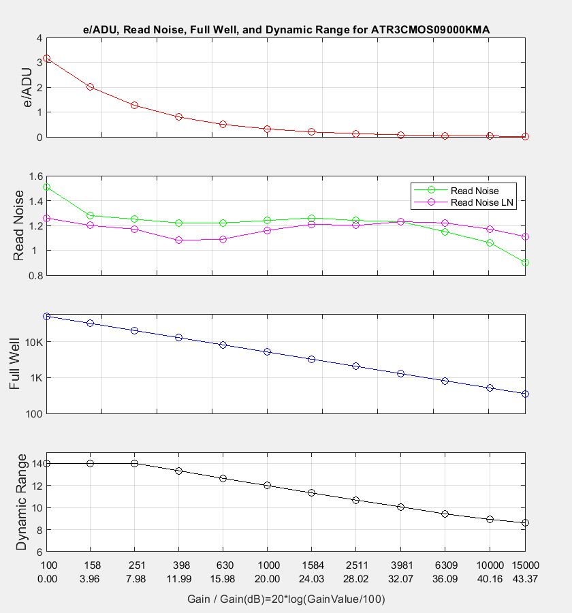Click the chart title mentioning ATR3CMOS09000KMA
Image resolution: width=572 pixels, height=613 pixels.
click(285, 30)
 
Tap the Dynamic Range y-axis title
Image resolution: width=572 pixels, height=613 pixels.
click(21, 501)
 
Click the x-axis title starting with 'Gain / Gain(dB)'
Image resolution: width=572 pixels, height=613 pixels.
click(286, 599)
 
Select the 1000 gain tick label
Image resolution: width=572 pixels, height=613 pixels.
click(267, 565)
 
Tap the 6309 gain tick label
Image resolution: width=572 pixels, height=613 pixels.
click(445, 565)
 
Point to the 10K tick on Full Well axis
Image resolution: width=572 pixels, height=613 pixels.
click(32, 342)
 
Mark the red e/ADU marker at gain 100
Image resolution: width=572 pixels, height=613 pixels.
click(46, 59)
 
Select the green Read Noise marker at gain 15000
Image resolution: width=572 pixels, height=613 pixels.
click(525, 262)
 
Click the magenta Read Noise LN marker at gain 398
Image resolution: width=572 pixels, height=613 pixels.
click(178, 240)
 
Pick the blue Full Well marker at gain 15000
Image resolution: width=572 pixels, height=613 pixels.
click(525, 394)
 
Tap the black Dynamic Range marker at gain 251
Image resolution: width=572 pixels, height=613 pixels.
click(134, 463)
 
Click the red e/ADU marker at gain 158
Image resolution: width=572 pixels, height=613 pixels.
click(90, 87)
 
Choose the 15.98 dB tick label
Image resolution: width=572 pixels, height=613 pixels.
click(223, 578)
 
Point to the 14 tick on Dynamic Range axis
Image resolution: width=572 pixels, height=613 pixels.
click(36, 463)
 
